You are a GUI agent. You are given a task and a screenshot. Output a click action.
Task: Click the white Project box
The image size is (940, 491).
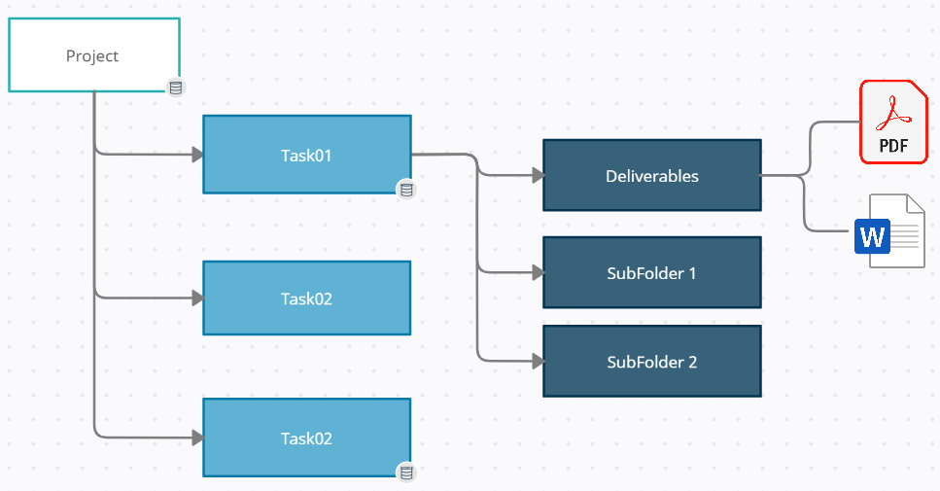[93, 55]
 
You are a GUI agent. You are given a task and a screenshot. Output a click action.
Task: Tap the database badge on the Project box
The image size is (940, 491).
[175, 88]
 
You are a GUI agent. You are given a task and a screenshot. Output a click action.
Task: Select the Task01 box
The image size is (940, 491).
[306, 154]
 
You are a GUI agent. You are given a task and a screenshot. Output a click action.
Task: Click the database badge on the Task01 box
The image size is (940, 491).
[406, 190]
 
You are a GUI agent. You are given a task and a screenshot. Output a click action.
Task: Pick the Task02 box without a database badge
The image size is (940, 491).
[306, 298]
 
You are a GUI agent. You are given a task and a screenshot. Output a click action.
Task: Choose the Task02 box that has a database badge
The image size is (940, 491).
[306, 438]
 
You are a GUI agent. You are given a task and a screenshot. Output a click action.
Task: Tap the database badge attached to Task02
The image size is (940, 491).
[406, 473]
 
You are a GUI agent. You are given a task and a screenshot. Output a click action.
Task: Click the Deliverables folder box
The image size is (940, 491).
[651, 176]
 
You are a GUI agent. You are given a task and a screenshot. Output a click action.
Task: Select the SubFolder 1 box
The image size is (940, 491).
[651, 273]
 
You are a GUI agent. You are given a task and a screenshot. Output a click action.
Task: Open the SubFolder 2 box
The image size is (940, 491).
[651, 362]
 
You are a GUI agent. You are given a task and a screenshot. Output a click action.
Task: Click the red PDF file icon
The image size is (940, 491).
[893, 122]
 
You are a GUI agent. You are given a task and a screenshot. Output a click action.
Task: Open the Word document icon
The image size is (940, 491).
[889, 231]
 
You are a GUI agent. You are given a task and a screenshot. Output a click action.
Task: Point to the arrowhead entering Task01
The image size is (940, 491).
[196, 154]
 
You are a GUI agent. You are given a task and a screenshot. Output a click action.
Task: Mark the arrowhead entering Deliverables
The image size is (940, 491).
[537, 176]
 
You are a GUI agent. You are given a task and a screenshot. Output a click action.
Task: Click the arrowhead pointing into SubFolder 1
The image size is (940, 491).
[537, 273]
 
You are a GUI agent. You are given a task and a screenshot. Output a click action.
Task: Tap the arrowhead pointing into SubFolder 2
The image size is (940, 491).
[537, 362]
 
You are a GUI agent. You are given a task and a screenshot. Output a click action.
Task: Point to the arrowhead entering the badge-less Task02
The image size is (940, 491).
[196, 298]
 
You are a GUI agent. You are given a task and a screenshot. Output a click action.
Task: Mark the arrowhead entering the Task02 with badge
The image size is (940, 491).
[196, 438]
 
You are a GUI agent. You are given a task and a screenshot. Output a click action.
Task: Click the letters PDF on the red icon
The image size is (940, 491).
[893, 147]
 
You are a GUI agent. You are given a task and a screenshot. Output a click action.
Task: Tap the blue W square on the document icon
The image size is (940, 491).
[872, 236]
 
